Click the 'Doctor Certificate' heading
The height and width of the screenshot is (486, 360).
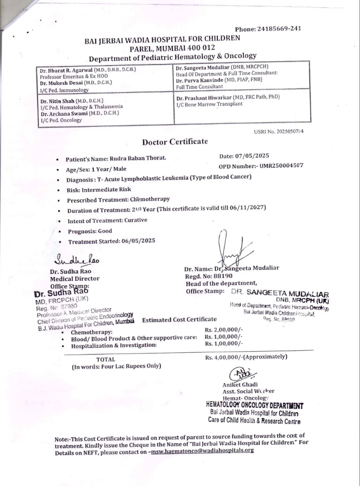[175, 142]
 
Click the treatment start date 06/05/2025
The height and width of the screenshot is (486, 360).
[138, 241]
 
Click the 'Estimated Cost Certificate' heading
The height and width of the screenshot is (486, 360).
[179, 319]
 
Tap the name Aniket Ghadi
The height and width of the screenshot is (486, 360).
[239, 384]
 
